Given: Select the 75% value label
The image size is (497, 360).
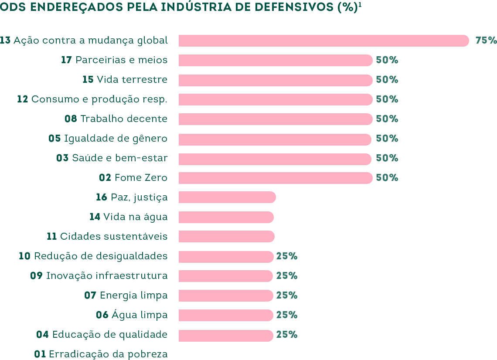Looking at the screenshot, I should pos(486,41).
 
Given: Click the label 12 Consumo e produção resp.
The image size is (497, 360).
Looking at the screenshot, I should pos(92,99).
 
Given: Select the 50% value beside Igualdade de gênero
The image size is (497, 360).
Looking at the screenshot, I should pos(387,139).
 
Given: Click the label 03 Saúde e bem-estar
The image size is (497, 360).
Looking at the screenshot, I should pos(112,158).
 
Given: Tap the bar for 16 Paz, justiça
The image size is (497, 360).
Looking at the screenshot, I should pos(227,197).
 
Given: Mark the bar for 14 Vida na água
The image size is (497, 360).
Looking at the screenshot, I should pos(226,217).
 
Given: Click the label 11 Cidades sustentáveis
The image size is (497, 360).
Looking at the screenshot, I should pos(107,237).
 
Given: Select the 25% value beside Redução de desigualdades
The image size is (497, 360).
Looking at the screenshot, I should pos(286,256).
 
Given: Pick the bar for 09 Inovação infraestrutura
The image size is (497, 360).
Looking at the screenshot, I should pos(226,276).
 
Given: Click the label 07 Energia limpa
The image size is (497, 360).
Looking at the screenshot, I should pos(126,295).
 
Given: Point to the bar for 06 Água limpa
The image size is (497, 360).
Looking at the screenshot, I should pos(226,315).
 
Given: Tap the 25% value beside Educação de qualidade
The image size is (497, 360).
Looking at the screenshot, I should pos(286,335).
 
